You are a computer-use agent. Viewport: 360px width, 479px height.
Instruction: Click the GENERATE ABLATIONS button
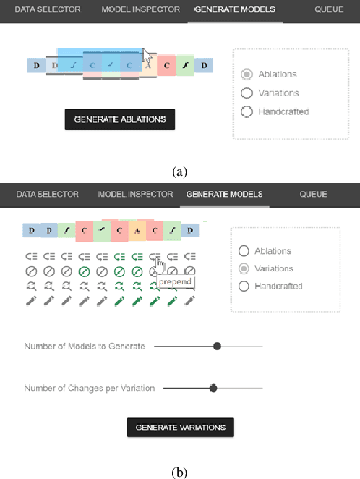click(x=119, y=119)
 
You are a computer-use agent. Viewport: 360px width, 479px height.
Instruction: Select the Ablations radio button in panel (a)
click(x=247, y=75)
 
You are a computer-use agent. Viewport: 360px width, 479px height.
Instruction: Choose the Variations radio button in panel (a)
click(x=247, y=93)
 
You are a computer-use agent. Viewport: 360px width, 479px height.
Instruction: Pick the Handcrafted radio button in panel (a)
click(x=247, y=111)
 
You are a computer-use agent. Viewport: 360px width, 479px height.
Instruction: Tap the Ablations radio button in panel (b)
click(x=244, y=251)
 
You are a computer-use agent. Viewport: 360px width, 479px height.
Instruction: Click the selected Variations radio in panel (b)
click(x=244, y=268)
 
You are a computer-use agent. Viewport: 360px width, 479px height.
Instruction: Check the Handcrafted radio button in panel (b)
click(x=244, y=287)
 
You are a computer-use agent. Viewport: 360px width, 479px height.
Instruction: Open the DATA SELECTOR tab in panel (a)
click(x=48, y=9)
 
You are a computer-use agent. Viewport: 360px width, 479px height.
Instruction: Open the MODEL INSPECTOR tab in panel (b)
click(x=135, y=194)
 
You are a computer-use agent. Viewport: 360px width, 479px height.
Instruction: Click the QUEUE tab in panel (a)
click(x=328, y=9)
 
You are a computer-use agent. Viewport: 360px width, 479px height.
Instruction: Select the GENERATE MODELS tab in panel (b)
click(x=224, y=194)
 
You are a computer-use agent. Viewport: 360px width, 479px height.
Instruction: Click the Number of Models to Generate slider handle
click(x=217, y=347)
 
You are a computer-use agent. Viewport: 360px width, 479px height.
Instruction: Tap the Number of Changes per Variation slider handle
click(x=213, y=389)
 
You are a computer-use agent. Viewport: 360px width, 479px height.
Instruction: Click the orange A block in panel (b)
click(x=137, y=231)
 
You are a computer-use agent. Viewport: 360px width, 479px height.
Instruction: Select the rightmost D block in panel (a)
click(x=204, y=66)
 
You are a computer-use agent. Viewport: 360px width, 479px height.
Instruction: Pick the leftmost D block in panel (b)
click(x=31, y=231)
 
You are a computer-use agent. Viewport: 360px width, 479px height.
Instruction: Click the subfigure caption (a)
click(x=180, y=171)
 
